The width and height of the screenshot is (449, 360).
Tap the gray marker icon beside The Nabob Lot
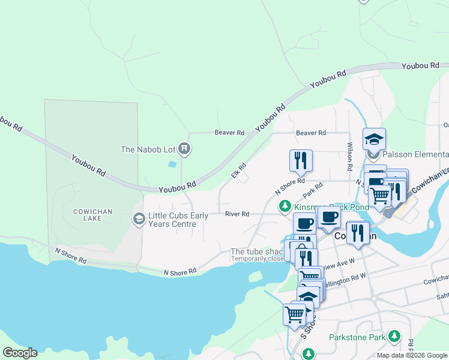pos(184,149)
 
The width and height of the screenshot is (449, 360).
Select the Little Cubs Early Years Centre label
pos(173,220)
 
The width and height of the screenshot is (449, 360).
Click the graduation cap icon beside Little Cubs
pos(139,219)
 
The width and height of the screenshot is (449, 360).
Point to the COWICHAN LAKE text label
pos(90,215)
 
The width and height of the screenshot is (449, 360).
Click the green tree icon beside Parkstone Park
pos(394,336)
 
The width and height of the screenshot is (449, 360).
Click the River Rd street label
pos(237,214)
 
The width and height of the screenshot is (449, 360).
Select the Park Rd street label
pos(313,190)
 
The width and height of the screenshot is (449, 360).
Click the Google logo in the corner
pos(20,353)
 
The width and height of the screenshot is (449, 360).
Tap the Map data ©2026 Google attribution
pos(412,355)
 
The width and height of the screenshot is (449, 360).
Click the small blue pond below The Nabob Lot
pos(173,164)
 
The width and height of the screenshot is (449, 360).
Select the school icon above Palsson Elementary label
pos(374,140)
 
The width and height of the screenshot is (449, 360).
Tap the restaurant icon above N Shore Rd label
pos(301,161)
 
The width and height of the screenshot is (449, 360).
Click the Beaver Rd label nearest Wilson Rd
pos(310,133)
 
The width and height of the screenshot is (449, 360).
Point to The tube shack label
pos(257,251)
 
